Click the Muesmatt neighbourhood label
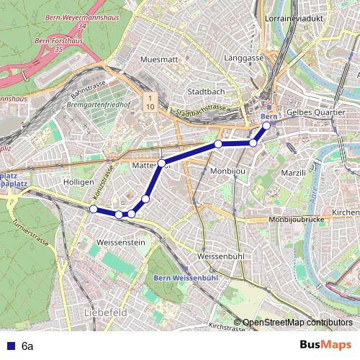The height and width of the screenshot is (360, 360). point(159,59)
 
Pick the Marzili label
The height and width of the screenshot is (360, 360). point(293,173)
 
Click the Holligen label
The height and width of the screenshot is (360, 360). point(78,183)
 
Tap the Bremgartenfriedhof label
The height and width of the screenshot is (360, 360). point(98,104)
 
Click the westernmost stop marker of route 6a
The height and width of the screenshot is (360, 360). point(93,209)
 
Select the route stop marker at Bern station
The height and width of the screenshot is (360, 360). point(266,126)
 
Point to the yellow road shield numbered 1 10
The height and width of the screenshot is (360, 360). point(150,102)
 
